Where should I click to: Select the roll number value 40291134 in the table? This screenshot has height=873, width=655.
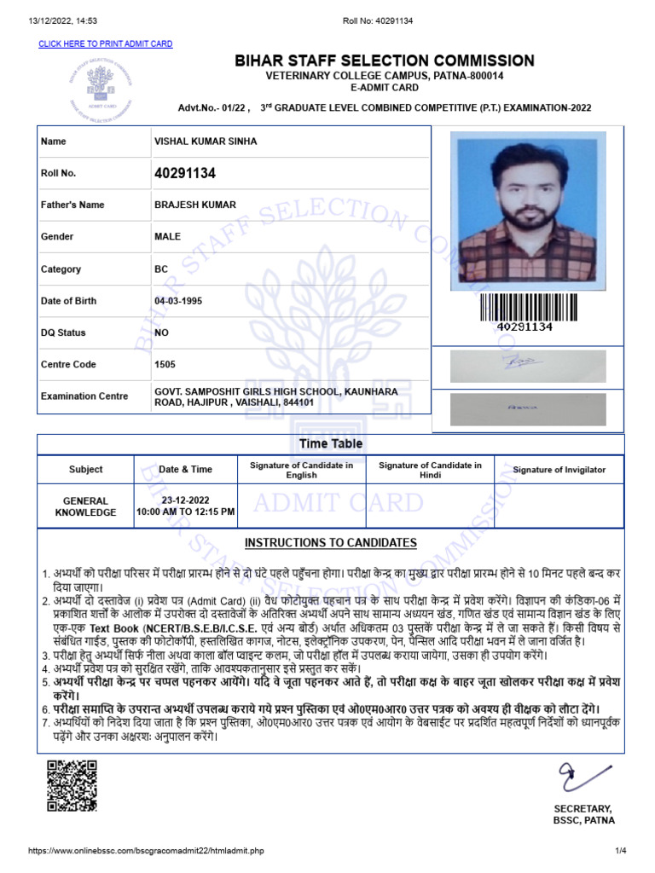pyautogui.click(x=184, y=173)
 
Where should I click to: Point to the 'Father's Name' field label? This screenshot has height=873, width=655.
pyautogui.click(x=72, y=205)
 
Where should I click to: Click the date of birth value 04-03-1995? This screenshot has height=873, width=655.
pyautogui.click(x=178, y=301)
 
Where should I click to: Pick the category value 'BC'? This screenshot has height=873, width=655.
pyautogui.click(x=161, y=269)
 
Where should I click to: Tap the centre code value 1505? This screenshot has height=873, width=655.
pyautogui.click(x=165, y=365)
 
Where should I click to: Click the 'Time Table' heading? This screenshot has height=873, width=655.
pyautogui.click(x=330, y=443)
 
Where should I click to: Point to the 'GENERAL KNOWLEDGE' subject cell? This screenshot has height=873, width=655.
pyautogui.click(x=85, y=507)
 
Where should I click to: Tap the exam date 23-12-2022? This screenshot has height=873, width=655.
pyautogui.click(x=186, y=500)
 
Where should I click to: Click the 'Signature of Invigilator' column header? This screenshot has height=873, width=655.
pyautogui.click(x=559, y=470)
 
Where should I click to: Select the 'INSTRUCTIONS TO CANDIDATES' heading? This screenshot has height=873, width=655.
pyautogui.click(x=331, y=543)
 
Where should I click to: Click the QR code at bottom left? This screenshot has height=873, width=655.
pyautogui.click(x=71, y=785)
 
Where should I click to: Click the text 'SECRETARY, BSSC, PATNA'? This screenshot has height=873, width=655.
pyautogui.click(x=583, y=814)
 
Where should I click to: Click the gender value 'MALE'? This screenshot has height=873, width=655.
pyautogui.click(x=167, y=237)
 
